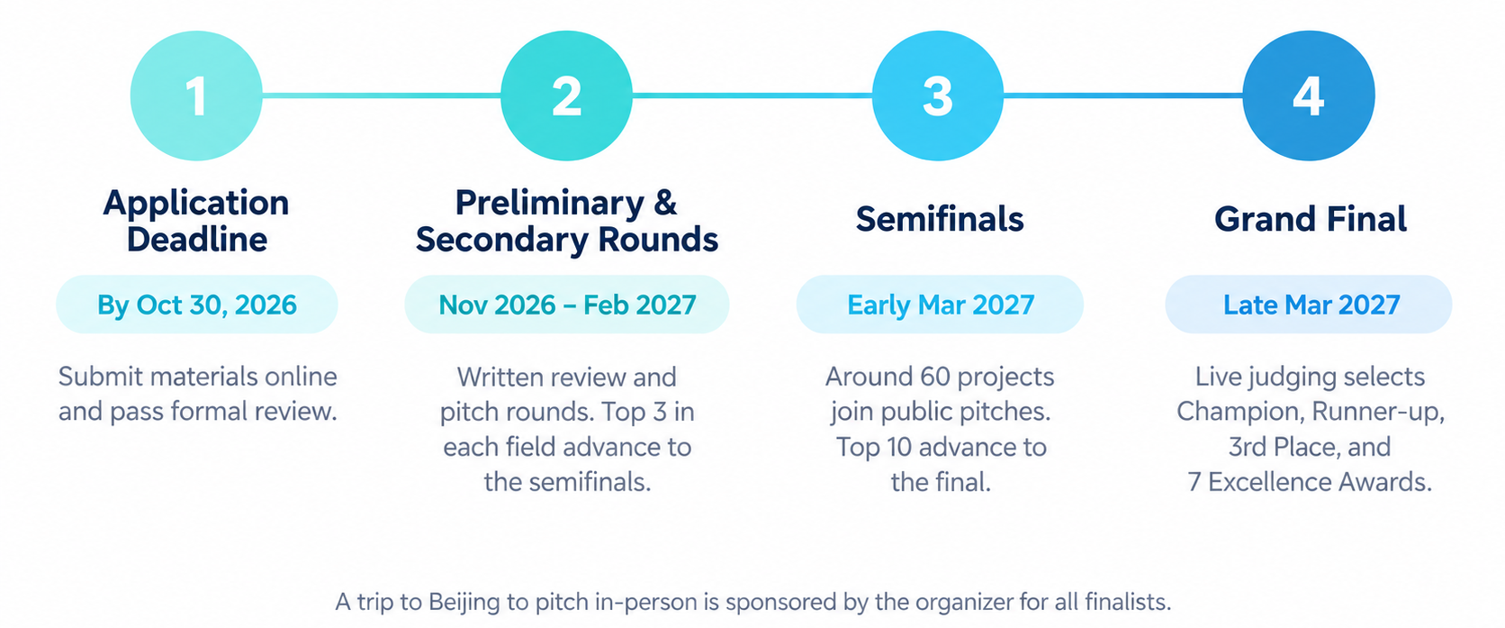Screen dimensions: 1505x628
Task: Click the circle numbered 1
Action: click(x=196, y=96)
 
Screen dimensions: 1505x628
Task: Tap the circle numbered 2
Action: click(x=566, y=96)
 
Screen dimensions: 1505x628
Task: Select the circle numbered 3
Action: click(x=938, y=96)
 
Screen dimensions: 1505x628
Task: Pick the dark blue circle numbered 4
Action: click(x=1309, y=96)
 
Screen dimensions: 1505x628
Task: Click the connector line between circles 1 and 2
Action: click(x=382, y=96)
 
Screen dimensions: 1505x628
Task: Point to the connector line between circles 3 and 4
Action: click(x=1123, y=96)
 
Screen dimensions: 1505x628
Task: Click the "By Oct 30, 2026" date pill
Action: click(x=197, y=305)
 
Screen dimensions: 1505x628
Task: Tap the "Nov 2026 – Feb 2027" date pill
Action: click(x=567, y=305)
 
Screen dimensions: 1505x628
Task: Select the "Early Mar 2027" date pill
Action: click(x=940, y=305)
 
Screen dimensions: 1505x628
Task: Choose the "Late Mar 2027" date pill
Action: click(x=1309, y=305)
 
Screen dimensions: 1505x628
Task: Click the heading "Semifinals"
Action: click(x=940, y=219)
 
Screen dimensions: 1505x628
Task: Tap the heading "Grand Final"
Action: click(x=1311, y=219)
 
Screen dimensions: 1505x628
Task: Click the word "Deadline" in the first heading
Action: click(x=197, y=240)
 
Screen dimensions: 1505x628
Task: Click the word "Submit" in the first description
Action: click(x=100, y=377)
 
